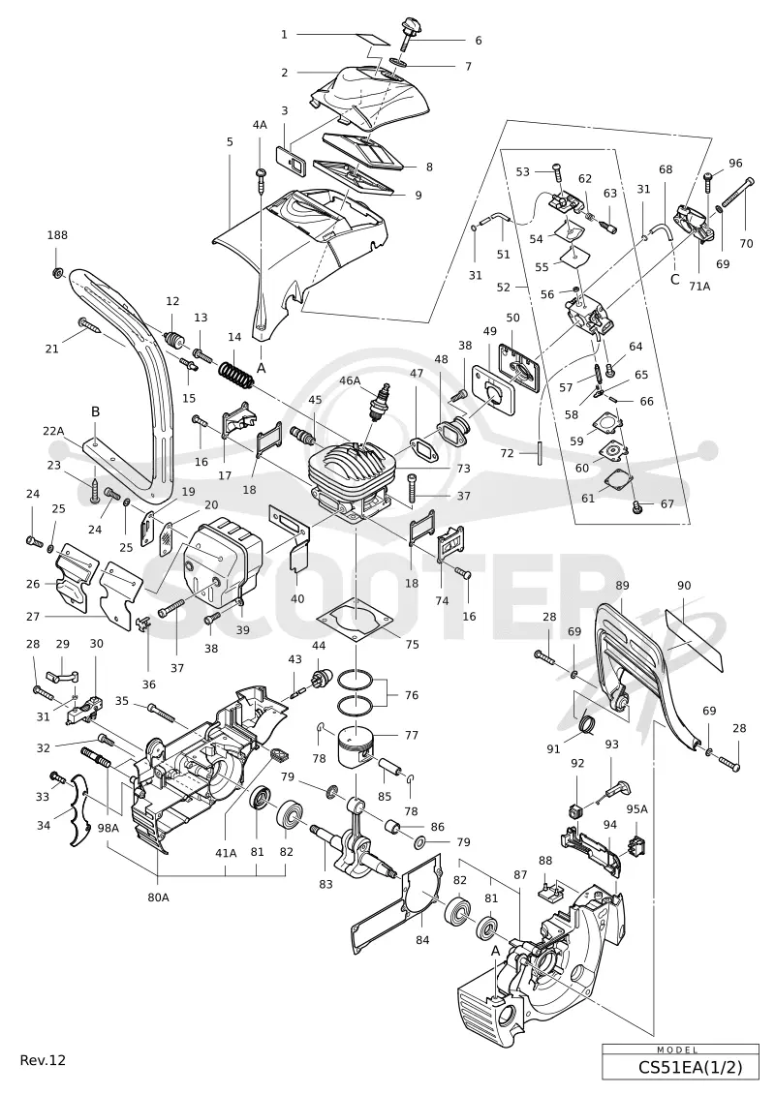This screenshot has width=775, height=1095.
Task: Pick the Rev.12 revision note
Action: pos(43,1060)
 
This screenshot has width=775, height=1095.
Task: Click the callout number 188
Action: pos(57,234)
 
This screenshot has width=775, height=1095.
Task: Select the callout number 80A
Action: pos(159,897)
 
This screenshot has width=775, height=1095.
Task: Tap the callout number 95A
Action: pos(636,809)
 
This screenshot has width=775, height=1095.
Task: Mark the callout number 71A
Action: pos(698,285)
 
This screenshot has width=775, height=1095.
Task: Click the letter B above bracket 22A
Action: pos(96,411)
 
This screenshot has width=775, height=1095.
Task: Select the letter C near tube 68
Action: pos(673,280)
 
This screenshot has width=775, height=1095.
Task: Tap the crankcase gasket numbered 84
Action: pos(395,902)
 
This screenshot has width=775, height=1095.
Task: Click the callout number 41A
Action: pos(226,852)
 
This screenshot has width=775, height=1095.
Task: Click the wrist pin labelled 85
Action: pos(390,769)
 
